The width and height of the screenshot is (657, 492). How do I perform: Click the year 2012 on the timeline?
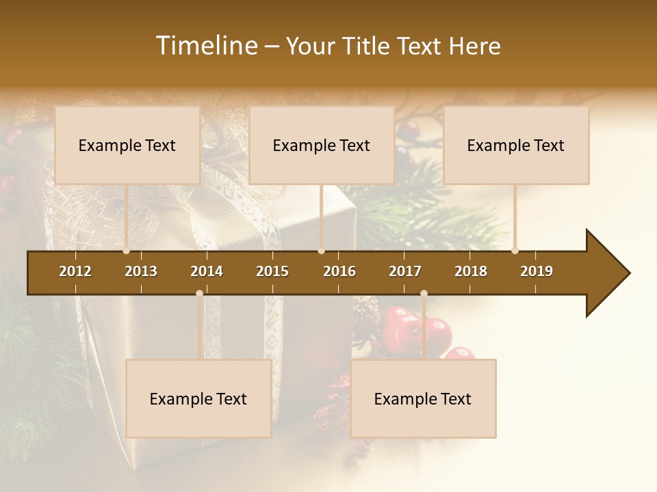[75, 271]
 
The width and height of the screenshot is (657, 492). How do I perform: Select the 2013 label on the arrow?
[141, 271]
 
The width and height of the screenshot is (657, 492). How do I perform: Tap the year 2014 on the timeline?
[207, 271]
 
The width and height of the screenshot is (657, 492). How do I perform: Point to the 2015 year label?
[272, 271]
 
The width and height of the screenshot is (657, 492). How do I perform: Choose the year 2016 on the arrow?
[339, 271]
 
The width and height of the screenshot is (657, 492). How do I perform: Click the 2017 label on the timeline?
[405, 271]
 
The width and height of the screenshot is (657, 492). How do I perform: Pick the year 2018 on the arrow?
[471, 271]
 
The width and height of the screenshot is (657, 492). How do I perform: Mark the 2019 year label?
[537, 271]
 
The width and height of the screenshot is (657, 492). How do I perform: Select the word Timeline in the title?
[206, 46]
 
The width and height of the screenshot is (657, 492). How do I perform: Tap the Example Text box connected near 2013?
[127, 145]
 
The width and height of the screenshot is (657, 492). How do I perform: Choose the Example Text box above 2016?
[322, 145]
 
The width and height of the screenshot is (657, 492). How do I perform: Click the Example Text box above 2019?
[516, 145]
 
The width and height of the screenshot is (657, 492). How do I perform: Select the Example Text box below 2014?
[198, 398]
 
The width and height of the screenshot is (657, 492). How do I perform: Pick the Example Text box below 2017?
[423, 398]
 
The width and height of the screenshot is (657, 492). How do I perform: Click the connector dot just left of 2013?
[127, 251]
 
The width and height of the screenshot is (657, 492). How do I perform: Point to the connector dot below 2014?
[199, 294]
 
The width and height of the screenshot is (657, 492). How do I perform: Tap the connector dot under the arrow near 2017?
[424, 294]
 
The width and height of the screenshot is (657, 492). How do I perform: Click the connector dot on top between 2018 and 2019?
[515, 251]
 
